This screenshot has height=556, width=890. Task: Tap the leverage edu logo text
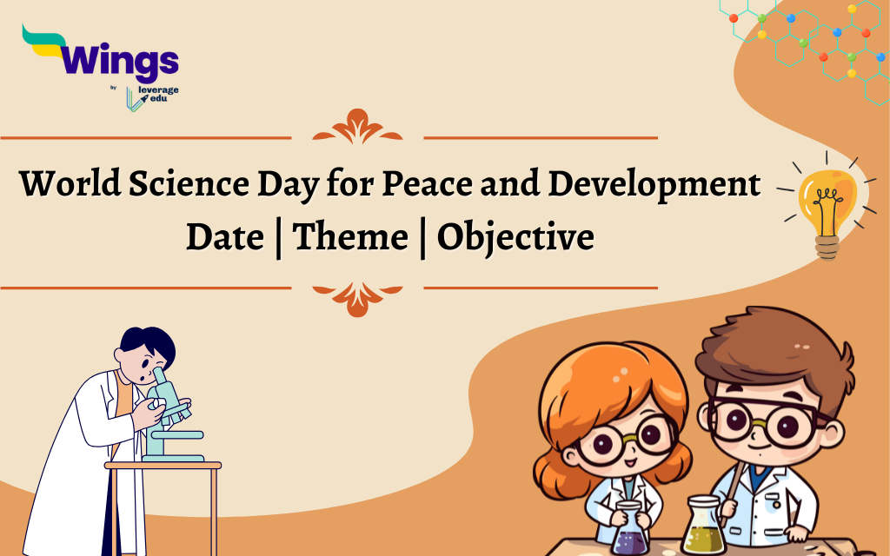[x=158, y=94]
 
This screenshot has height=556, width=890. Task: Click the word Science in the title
[x=189, y=183]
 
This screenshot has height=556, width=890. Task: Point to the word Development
[x=654, y=184]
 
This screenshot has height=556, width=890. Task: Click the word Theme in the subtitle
[x=350, y=236]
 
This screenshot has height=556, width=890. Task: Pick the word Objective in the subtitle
[x=515, y=237]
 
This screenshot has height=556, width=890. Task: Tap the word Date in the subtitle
[x=225, y=236]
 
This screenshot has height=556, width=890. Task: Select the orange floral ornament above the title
[x=357, y=127]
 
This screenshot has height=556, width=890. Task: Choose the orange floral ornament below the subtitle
[x=357, y=299]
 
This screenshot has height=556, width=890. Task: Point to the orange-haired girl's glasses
[x=623, y=439]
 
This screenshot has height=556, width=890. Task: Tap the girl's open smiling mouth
[x=632, y=464]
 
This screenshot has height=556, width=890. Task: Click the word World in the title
[x=70, y=183]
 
